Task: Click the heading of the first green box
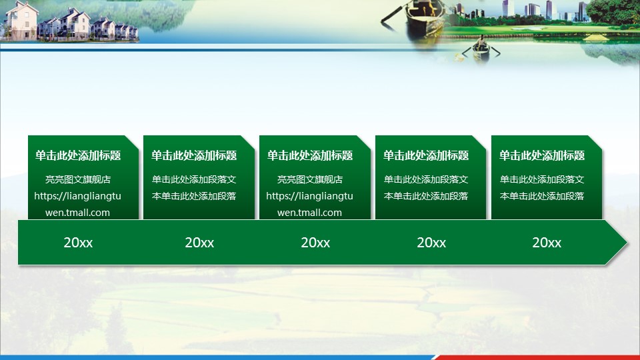[78, 155]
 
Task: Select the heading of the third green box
[310, 155]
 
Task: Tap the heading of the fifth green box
[541, 155]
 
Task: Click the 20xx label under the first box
[78, 243]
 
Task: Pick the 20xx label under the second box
[199, 243]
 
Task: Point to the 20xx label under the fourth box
[431, 243]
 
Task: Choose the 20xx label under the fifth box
[547, 243]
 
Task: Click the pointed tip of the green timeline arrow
[627, 243]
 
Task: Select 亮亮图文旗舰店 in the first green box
[78, 179]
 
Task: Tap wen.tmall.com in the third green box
[309, 213]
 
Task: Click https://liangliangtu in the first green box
[77, 196]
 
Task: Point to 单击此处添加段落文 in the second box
[194, 179]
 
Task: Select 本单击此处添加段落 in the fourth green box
[426, 196]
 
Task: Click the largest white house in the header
[21, 21]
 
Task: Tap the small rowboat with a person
[481, 50]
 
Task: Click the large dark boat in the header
[425, 16]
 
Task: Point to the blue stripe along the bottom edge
[216, 357]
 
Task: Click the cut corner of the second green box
[248, 143]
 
